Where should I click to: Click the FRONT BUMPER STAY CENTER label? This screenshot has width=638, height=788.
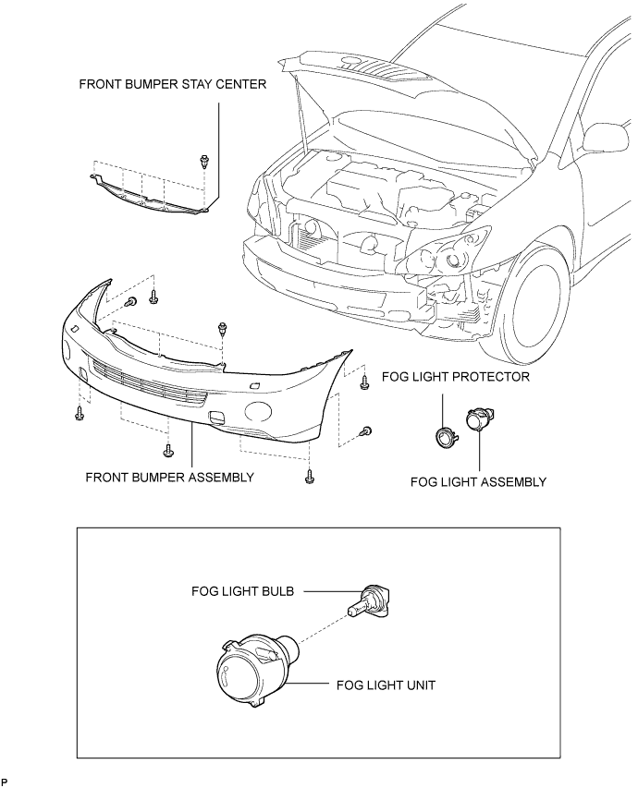173,84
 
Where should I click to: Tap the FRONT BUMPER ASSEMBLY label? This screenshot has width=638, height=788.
169,477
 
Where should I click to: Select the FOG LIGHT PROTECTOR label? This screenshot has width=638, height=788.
456,376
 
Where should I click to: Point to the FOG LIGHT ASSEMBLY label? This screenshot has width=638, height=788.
478,482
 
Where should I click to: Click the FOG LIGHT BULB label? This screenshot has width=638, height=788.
242,591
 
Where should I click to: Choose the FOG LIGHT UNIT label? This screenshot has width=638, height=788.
386,685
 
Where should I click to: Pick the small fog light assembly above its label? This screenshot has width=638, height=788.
479,418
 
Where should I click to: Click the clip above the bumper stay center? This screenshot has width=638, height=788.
203,161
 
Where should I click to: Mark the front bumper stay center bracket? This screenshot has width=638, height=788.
151,197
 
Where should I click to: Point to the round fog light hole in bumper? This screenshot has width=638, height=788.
258,410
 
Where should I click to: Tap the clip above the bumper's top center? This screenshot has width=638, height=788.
222,330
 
